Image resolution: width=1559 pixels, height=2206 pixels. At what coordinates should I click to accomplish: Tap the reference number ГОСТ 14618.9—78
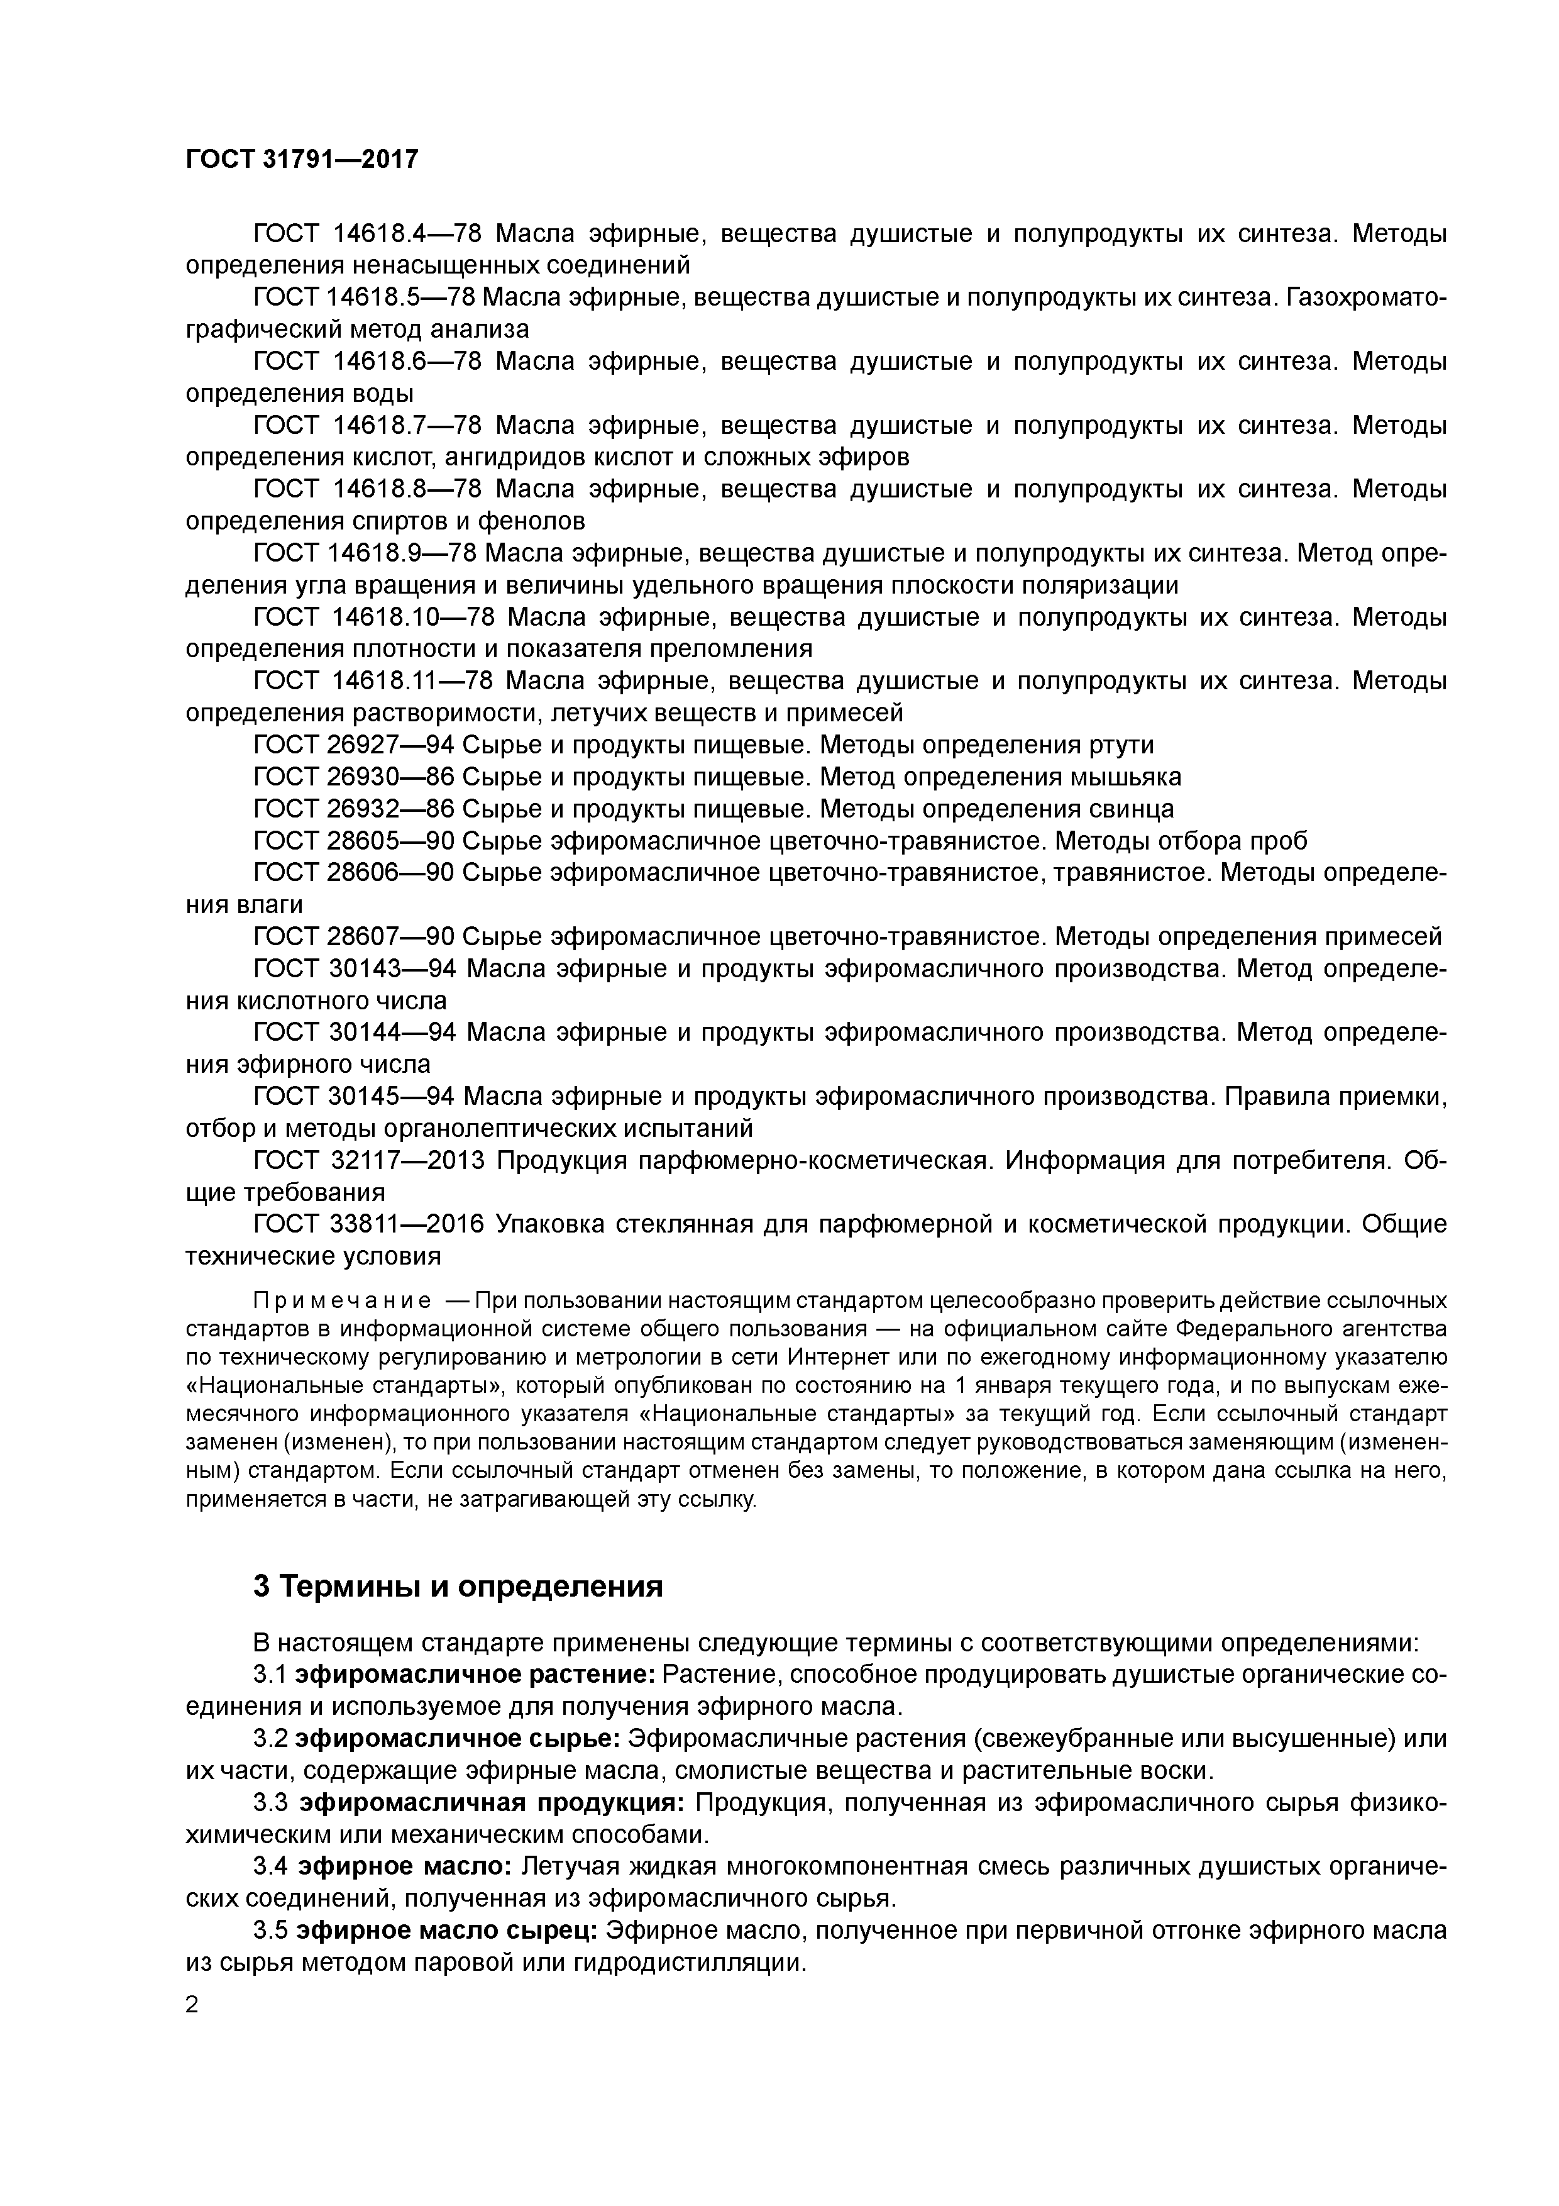(365, 553)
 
